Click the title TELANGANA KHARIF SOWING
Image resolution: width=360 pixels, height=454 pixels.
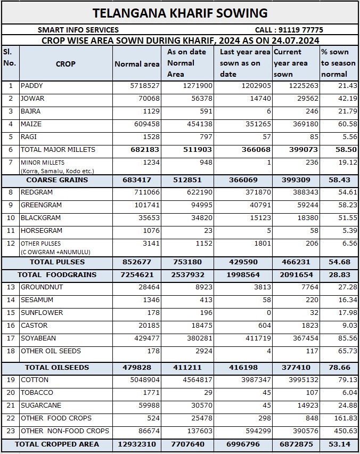(x=180, y=13)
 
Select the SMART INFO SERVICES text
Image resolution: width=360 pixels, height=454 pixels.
(x=78, y=30)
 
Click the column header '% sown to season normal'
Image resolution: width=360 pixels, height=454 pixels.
(x=338, y=63)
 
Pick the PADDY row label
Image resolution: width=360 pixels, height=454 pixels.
(x=31, y=86)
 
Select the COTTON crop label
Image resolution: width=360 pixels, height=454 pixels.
(x=35, y=380)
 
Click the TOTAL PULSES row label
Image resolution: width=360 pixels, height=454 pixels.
(x=57, y=262)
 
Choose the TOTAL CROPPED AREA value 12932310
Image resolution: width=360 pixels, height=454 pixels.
(x=137, y=444)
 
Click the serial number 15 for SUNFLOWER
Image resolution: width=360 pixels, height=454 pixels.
(x=10, y=313)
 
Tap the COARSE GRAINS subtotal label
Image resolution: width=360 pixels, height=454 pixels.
(x=57, y=180)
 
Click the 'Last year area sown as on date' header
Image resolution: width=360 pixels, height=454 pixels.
(x=245, y=63)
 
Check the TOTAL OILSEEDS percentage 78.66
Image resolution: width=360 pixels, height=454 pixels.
(x=339, y=368)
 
